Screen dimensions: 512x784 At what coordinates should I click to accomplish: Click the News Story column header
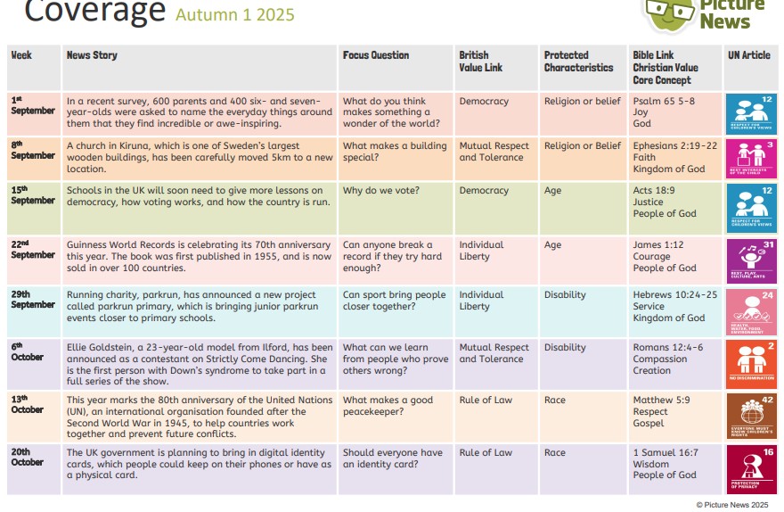coord(92,55)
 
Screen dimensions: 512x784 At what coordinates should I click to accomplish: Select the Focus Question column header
coord(376,55)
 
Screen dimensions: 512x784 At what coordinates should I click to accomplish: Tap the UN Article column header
coord(748,55)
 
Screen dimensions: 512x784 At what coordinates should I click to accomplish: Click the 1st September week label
coord(33,105)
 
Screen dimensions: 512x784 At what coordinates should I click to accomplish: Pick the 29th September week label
coord(33,299)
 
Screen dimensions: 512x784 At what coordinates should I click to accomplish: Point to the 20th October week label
coord(28,457)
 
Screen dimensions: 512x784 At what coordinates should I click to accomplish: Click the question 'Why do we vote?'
coord(381,191)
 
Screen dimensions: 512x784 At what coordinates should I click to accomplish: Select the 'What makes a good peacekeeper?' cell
coord(388,406)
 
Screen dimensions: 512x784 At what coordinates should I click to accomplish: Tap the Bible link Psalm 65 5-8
coord(664,102)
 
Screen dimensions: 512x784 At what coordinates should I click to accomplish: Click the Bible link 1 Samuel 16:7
coord(666,453)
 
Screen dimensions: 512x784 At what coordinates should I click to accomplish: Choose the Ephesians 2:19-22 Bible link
coord(674,146)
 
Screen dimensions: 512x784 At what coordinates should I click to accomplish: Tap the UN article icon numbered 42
coord(751,413)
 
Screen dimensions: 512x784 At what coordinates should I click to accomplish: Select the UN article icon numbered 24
coord(751,310)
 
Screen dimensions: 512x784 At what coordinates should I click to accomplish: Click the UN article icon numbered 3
coord(751,157)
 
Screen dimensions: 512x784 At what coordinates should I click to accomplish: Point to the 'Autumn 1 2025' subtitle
coord(234,15)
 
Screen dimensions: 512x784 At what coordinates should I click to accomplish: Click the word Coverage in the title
coord(94,11)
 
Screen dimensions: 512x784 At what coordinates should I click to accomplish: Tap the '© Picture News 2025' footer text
coord(731,505)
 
